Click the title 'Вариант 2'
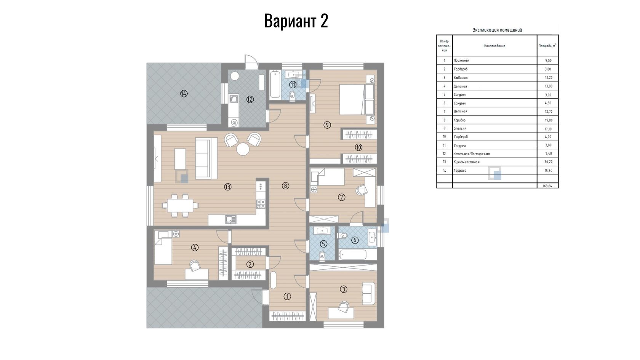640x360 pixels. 296,21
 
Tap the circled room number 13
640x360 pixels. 228,187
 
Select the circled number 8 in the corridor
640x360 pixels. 285,186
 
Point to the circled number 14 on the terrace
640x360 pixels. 184,93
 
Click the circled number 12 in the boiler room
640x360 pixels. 250,99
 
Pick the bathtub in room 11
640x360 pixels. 275,85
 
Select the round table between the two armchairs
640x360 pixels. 243,149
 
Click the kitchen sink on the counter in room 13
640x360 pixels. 230,219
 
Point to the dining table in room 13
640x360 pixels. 180,205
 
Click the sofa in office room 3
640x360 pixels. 369,293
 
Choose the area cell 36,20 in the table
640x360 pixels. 548,162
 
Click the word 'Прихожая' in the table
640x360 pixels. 461,61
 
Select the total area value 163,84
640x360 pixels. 547,186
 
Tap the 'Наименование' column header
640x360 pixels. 494,46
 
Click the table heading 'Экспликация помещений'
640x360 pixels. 497,30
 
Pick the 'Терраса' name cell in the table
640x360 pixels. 460,171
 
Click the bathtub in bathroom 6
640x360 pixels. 353,254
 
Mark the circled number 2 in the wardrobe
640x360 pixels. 250,264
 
